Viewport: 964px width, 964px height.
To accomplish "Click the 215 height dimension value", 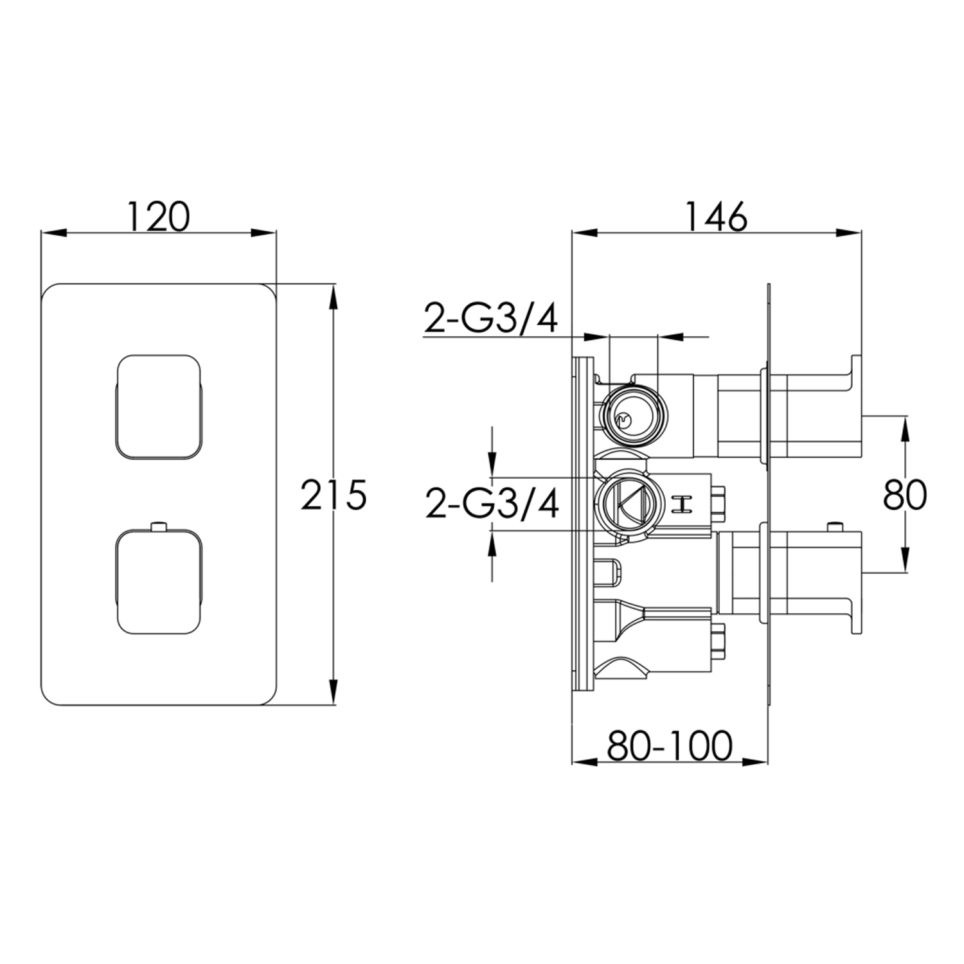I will (334, 495).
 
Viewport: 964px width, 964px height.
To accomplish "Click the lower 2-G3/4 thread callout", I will (492, 503).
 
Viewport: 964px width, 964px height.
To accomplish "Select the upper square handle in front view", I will (159, 406).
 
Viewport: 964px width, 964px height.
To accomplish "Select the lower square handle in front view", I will (159, 580).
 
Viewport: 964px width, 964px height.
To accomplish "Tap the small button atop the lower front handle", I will (159, 527).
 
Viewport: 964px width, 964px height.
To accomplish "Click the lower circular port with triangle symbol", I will (624, 503).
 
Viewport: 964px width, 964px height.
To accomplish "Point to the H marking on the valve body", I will (681, 504).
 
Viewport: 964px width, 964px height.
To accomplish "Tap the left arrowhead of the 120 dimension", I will (55, 233).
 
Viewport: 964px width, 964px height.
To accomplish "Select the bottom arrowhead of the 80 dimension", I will (905, 560).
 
